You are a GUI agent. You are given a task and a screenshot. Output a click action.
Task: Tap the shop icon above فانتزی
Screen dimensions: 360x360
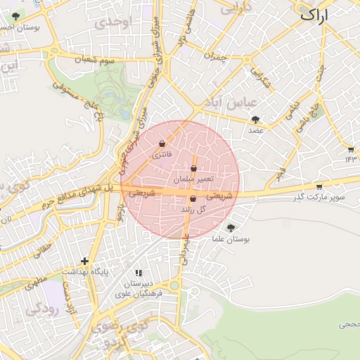click(x=163, y=143)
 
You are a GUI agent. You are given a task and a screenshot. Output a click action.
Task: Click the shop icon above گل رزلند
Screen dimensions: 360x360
click(x=193, y=199)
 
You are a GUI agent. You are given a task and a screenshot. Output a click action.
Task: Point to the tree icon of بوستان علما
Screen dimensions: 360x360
click(x=231, y=228)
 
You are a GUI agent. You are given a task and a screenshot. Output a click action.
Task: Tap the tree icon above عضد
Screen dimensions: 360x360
click(x=255, y=120)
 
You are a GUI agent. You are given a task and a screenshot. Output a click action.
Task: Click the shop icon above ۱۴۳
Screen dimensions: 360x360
click(x=350, y=149)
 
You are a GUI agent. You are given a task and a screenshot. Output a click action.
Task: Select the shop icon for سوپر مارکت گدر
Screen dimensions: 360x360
click(x=319, y=187)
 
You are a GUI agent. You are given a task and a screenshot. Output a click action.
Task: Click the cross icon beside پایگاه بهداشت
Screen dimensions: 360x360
click(x=84, y=261)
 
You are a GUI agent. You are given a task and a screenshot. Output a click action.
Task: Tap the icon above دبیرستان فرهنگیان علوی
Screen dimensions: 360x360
click(x=139, y=272)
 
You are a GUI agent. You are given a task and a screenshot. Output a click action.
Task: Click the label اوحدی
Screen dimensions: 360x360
click(x=115, y=22)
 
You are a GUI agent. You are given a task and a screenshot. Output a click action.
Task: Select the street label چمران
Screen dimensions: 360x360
click(x=217, y=56)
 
